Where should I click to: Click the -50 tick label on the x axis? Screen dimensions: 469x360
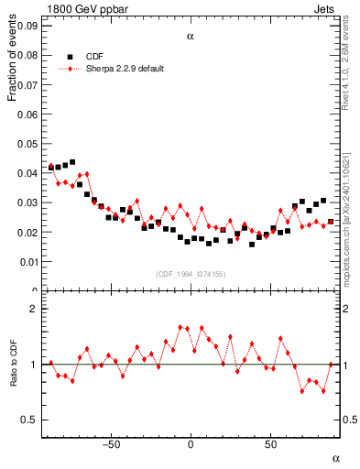tap(111, 445)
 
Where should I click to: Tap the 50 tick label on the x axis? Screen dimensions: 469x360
tap(270, 445)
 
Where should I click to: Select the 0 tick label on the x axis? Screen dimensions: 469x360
tap(191, 445)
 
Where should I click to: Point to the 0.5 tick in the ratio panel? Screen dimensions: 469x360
tap(29, 420)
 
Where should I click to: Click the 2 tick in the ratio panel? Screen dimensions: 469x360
tap(33, 310)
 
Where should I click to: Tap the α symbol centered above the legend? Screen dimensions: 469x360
tap(191, 37)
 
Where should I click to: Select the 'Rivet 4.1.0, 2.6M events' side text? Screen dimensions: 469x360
tap(352, 68)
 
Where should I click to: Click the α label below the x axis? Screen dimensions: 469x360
tap(335, 457)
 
